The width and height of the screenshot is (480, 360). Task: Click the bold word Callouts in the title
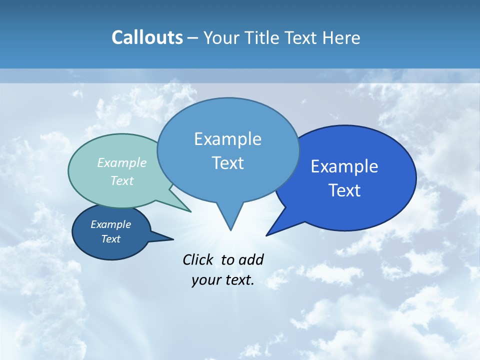coord(147,38)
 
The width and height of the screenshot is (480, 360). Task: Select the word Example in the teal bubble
coord(122,162)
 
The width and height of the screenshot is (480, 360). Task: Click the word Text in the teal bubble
coord(122,180)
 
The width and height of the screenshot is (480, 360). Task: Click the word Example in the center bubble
coord(227,139)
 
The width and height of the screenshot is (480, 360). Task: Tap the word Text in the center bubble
coord(227,163)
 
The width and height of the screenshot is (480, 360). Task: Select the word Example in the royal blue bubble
coord(344,166)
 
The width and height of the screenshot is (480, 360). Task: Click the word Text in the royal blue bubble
coord(344,190)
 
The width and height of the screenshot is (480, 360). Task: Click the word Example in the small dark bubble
coord(110,224)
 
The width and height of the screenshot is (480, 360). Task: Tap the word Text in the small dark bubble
coord(110,239)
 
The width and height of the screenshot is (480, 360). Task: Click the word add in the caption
coord(251,259)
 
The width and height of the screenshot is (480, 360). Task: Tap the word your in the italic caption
coord(205,280)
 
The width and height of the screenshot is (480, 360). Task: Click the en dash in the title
coord(193,38)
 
